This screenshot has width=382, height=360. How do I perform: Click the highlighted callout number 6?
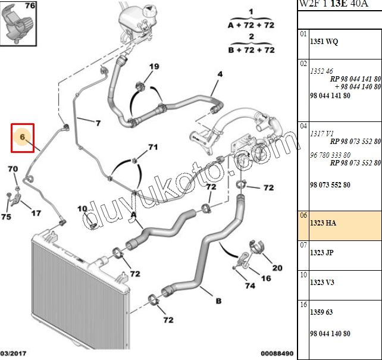point(23,137)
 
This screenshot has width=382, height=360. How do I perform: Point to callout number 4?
point(220,74)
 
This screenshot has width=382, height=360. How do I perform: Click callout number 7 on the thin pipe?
point(98,123)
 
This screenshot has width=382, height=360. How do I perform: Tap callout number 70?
point(13,170)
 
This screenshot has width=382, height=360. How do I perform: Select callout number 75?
point(7,217)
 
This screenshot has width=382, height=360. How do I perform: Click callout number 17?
point(36,212)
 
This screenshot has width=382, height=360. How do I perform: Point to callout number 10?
point(82,208)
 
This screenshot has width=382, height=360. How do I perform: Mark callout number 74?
point(250,286)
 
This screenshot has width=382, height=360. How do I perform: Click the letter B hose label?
point(218,302)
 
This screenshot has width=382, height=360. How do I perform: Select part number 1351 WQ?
point(324,42)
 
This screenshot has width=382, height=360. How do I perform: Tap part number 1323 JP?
point(322,253)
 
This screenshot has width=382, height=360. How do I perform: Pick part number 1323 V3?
point(322,283)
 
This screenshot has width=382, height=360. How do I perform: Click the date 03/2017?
point(12,354)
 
